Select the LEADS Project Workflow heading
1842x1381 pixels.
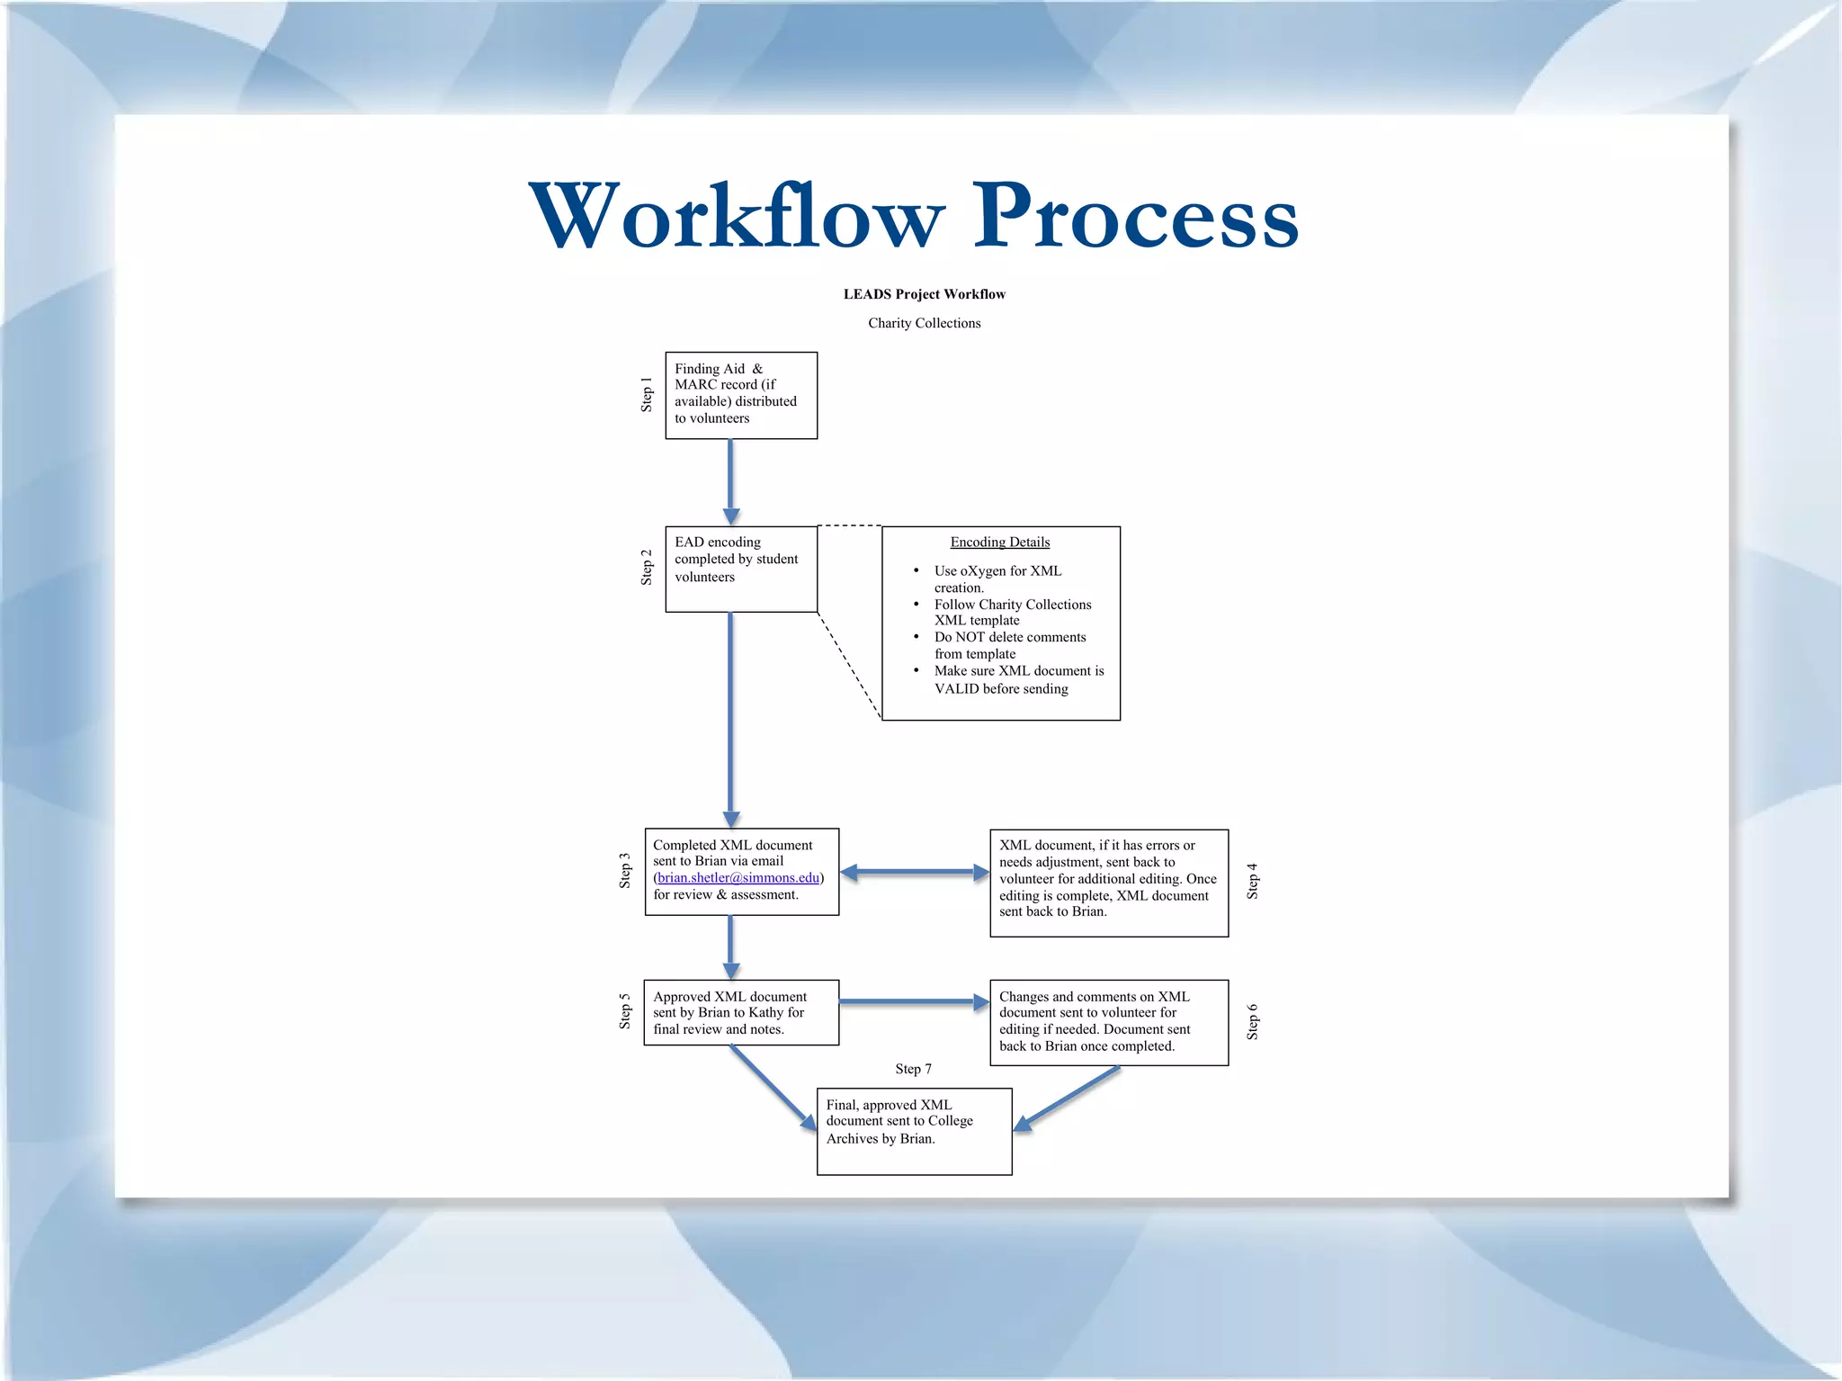click(x=924, y=294)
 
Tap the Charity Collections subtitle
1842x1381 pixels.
click(x=924, y=323)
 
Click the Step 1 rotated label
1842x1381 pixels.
click(x=646, y=395)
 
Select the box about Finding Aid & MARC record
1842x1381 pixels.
click(x=740, y=395)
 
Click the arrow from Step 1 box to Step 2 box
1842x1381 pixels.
click(x=730, y=481)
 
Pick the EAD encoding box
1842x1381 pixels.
click(x=740, y=569)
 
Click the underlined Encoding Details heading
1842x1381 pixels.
click(x=999, y=542)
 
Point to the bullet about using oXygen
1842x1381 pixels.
click(x=997, y=578)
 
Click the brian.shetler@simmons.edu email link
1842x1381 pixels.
click(x=738, y=878)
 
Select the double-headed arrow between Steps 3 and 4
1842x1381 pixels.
click(x=914, y=872)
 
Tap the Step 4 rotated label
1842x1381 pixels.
click(x=1252, y=881)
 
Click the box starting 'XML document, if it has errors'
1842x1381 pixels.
click(x=1108, y=882)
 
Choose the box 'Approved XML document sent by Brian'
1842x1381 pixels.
click(x=740, y=1012)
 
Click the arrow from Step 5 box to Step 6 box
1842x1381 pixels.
click(x=912, y=1001)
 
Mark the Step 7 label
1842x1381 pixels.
click(x=913, y=1069)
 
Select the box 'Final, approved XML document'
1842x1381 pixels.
click(x=914, y=1130)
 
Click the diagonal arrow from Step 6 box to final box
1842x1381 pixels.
click(x=1069, y=1098)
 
